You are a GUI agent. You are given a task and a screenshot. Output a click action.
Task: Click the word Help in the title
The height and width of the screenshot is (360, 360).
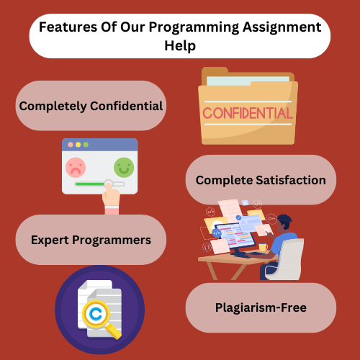point(180,45)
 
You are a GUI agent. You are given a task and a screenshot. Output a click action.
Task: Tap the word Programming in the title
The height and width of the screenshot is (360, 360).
point(194,27)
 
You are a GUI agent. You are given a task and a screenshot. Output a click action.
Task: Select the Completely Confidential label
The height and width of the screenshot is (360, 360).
point(91,106)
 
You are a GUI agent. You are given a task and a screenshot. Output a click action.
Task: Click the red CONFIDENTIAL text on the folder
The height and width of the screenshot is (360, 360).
point(248,113)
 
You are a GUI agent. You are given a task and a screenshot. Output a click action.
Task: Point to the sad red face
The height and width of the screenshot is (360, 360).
point(76,167)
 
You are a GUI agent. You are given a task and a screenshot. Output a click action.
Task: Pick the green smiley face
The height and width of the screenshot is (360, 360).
point(124,167)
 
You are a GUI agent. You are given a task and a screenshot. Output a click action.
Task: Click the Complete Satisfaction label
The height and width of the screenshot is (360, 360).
point(261,180)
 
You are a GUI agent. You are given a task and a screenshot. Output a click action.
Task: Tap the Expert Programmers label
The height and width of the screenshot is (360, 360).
point(91,240)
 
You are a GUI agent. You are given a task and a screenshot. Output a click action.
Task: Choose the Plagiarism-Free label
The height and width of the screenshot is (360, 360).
point(261,307)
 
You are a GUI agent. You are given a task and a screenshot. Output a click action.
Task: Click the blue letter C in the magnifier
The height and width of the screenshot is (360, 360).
point(96,313)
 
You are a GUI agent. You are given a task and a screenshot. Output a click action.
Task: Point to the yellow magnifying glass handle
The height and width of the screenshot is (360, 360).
point(114,331)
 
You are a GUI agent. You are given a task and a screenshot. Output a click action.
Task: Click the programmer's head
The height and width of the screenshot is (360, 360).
point(284,223)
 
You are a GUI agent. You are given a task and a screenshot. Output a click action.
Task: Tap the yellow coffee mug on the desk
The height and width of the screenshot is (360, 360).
point(263,247)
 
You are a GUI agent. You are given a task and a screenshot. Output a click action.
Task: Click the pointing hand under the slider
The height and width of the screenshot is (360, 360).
point(111,198)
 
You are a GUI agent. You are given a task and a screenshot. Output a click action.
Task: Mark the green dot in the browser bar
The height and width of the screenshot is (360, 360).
point(86,145)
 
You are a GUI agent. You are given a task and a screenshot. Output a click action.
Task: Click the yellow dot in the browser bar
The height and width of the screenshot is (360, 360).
point(78,145)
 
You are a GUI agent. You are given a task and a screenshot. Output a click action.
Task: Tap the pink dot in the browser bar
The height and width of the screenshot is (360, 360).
point(71,145)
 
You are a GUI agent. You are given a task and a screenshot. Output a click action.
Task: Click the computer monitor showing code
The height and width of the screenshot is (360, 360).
point(235,236)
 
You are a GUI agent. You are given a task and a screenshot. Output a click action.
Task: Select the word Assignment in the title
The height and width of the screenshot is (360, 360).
point(282,27)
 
